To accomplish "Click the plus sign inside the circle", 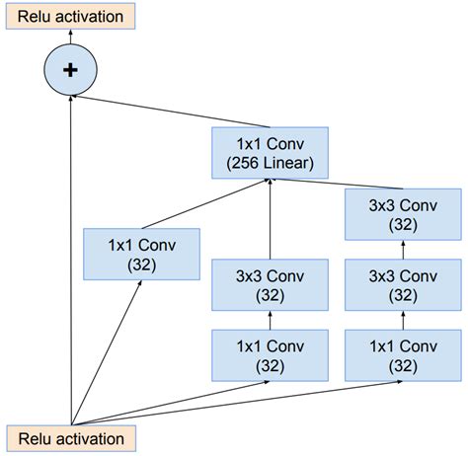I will pyautogui.click(x=70, y=70).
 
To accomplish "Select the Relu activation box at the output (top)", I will pyautogui.click(x=68, y=17).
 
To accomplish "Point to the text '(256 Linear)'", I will pyautogui.click(x=270, y=163).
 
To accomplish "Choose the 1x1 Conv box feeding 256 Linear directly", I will pyautogui.click(x=140, y=255).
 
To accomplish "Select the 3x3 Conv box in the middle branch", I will pyautogui.click(x=271, y=284).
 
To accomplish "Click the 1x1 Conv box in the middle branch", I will pyautogui.click(x=271, y=356).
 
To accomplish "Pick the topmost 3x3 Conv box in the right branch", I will pyautogui.click(x=401, y=214).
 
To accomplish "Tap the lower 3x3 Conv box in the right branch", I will pyautogui.click(x=401, y=284).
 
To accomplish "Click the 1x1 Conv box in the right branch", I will pyautogui.click(x=401, y=356).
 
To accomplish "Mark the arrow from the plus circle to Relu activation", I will pyautogui.click(x=70, y=38).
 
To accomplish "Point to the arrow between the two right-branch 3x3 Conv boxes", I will pyautogui.click(x=401, y=249).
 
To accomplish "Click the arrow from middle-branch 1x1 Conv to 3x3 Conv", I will pyautogui.click(x=271, y=321).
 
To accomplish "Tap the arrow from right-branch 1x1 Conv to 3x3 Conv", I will pyautogui.click(x=401, y=321).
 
